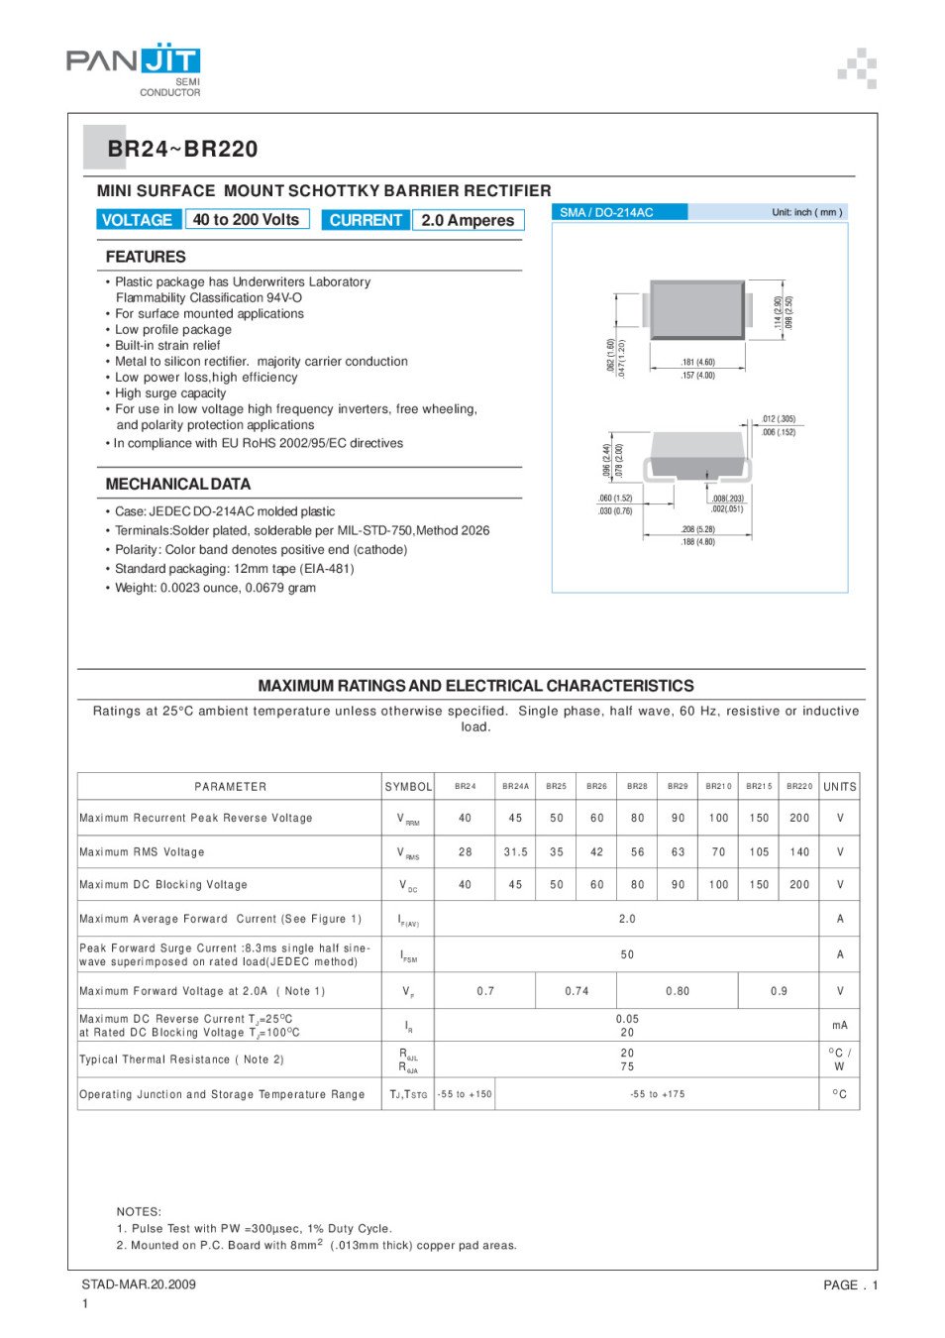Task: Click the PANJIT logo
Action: (134, 61)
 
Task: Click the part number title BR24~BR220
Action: (182, 150)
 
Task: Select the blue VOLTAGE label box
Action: (138, 220)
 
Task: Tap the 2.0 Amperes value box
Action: (468, 220)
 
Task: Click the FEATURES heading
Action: (146, 257)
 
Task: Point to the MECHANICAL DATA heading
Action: (178, 485)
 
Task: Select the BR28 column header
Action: (637, 787)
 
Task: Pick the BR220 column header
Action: (799, 787)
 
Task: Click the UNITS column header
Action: (840, 787)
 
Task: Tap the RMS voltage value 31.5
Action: (515, 852)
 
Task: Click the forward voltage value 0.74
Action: (577, 991)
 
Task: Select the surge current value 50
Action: (627, 955)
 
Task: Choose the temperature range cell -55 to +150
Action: (465, 1095)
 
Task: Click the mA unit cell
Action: (840, 1026)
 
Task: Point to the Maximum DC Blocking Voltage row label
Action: (163, 885)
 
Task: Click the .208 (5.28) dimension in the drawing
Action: (697, 530)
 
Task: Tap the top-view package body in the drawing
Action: (697, 309)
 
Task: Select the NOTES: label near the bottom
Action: (139, 1212)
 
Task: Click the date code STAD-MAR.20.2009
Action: (139, 1285)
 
